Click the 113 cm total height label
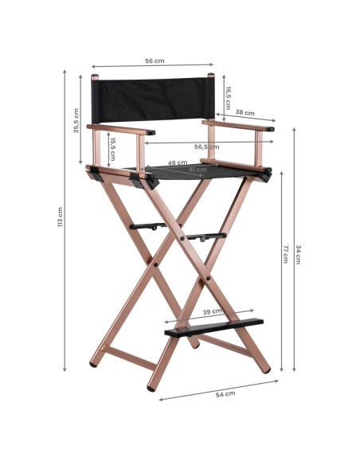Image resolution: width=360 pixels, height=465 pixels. tap(61, 217)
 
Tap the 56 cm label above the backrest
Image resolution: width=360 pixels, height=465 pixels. tap(154, 60)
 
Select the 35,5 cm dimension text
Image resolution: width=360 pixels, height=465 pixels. tap(76, 120)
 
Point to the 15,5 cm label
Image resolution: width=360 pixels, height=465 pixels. tap(113, 149)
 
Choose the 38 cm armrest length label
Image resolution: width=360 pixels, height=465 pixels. tap(245, 113)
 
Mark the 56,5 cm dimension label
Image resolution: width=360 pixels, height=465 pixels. tap(206, 147)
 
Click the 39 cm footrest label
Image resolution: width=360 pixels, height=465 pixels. tap(213, 311)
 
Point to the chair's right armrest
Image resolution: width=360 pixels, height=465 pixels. tap(238, 125)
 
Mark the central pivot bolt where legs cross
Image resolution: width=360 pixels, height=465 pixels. tap(183, 236)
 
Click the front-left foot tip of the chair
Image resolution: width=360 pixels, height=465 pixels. tap(151, 387)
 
